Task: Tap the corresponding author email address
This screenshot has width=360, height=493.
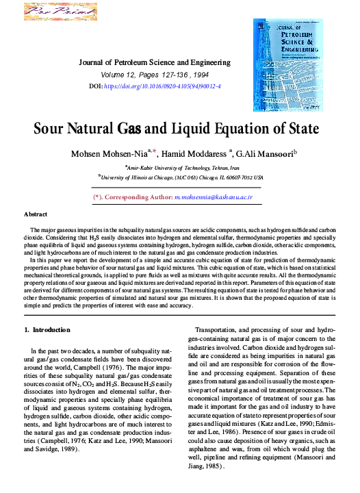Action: point(214,197)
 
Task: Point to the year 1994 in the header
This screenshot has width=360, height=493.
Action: point(200,74)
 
